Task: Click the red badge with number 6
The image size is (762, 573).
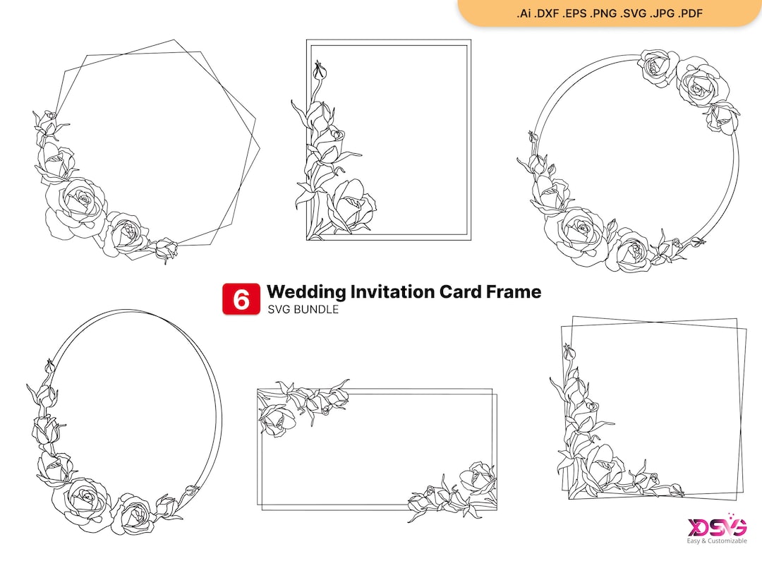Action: (241, 299)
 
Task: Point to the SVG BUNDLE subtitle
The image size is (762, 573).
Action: (303, 310)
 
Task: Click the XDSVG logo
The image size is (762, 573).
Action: (717, 527)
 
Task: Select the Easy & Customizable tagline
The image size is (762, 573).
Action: (717, 541)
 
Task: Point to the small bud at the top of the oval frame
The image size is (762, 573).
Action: (49, 366)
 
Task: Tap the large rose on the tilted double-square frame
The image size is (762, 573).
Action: (605, 466)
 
